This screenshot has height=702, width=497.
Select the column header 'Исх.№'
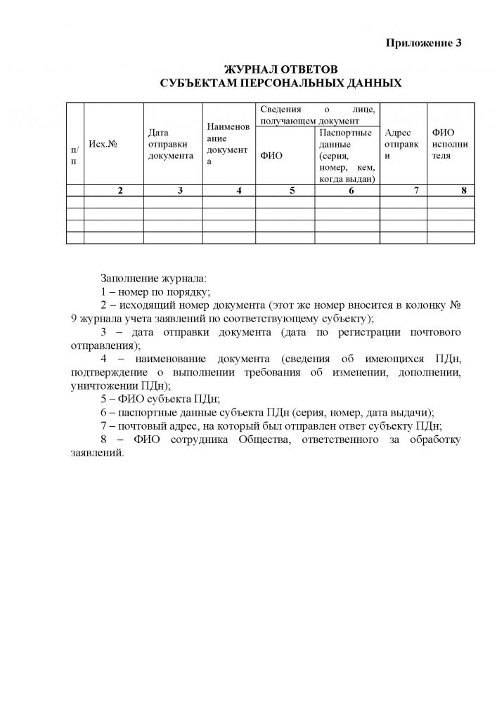pos(102,144)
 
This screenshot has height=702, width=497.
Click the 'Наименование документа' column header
pos(228,144)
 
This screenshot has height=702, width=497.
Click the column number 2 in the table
pos(120,190)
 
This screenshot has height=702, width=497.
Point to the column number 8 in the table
pos(463,190)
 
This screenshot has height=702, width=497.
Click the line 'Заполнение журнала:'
pos(154,277)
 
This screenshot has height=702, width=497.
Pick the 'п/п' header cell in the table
pos(75,156)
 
